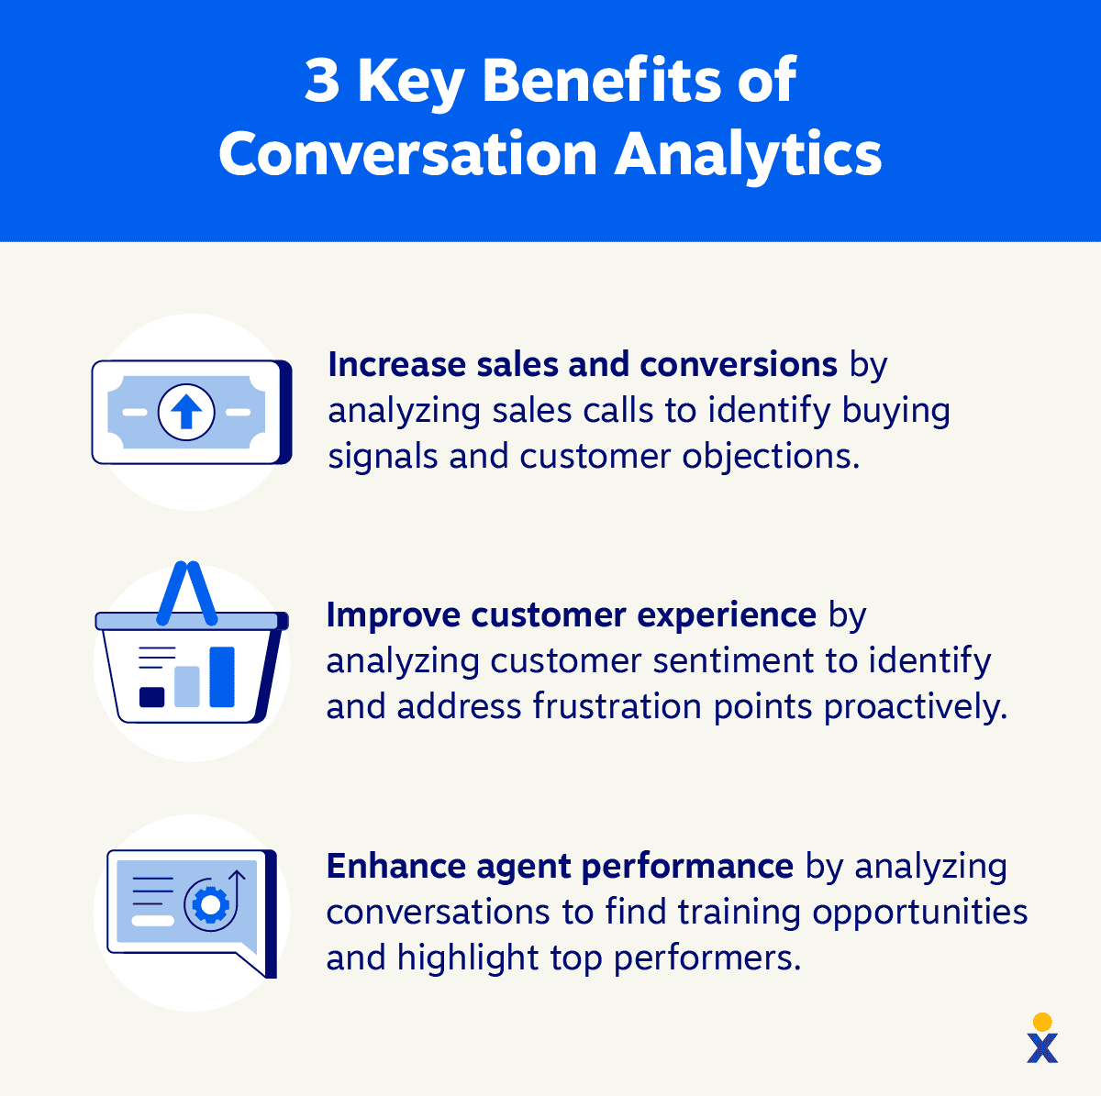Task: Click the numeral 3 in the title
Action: coord(322,80)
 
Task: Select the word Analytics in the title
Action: coord(748,154)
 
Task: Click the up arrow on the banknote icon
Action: coord(186,412)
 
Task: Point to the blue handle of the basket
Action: coord(187,592)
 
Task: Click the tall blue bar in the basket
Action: coord(222,677)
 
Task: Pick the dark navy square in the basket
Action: coord(152,697)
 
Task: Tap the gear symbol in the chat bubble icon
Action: coord(210,905)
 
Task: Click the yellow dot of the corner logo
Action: coord(1042,1022)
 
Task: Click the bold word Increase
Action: coord(397,364)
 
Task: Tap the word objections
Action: coord(772,457)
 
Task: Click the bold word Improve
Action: coord(393,615)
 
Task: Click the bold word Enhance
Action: coord(395,867)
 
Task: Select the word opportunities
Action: coord(920,913)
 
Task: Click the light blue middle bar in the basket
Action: coord(187,687)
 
